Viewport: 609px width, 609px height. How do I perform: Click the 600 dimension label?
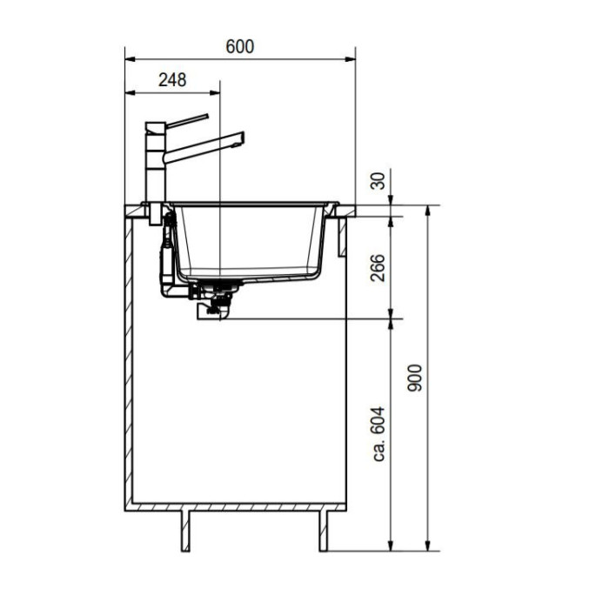[239, 47]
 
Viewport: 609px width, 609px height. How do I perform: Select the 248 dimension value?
[172, 80]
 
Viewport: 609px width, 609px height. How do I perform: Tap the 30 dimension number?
[378, 181]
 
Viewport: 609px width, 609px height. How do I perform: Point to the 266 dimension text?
[378, 268]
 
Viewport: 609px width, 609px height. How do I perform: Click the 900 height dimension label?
[414, 378]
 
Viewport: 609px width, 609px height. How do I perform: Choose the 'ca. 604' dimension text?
[378, 434]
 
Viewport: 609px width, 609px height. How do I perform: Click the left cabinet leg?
[185, 531]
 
